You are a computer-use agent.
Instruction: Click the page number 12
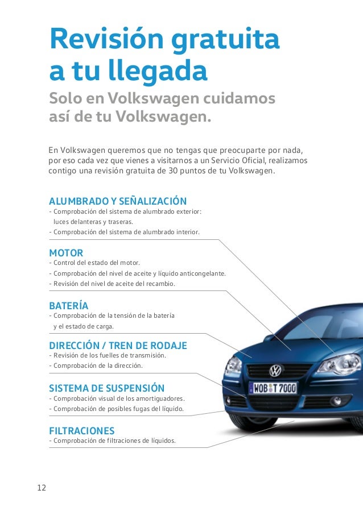point(42,488)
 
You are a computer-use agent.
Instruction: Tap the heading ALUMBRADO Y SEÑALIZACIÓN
point(118,201)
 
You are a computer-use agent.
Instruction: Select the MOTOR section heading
point(66,252)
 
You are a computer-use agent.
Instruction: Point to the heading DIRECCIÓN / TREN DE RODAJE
point(118,346)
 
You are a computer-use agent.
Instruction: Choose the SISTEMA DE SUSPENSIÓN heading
point(107,388)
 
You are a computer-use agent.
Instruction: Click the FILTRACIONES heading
point(82,431)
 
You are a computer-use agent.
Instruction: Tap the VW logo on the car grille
point(275,371)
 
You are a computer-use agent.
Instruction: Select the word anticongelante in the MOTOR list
point(201,273)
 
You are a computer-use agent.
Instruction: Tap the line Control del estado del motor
point(94,263)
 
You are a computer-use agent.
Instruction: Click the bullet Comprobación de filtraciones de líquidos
point(113,441)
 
